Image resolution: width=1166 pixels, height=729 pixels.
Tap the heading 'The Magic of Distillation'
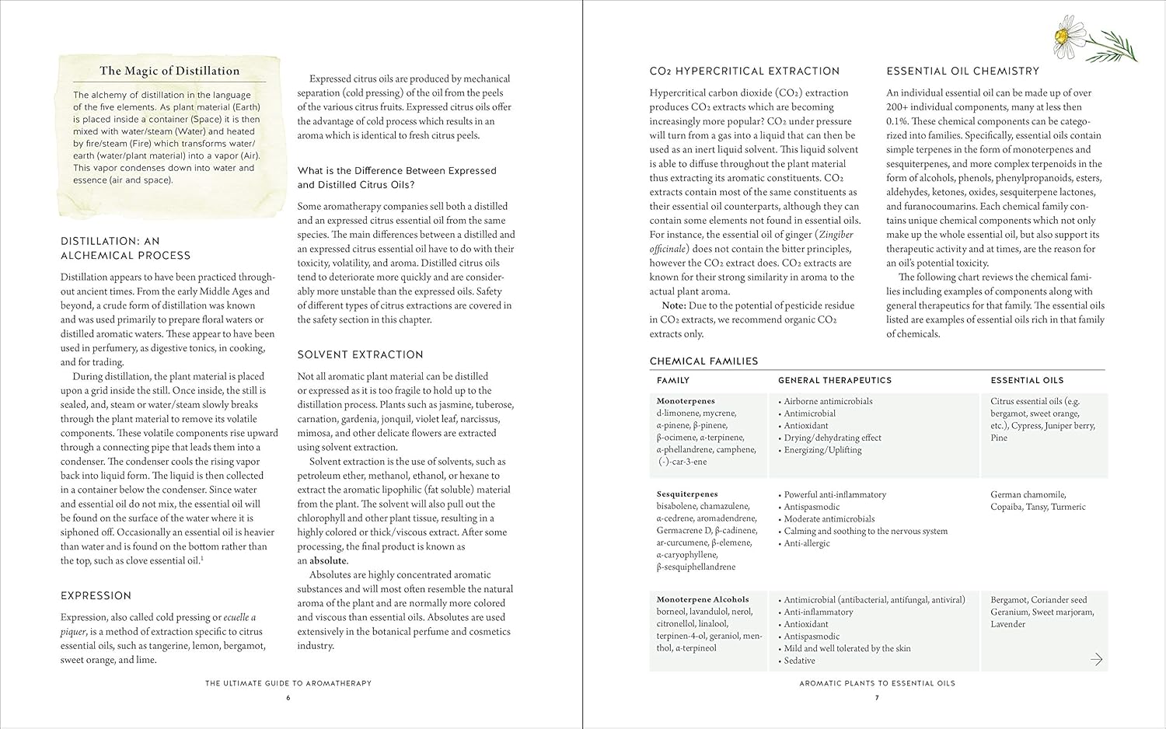point(169,71)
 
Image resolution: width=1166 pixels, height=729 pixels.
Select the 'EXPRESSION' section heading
point(96,595)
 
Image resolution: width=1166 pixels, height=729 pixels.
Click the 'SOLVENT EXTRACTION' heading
point(360,354)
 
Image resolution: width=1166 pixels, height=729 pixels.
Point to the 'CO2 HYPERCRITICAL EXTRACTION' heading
point(744,71)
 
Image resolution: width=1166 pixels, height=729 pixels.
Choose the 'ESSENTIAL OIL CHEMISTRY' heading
point(962,71)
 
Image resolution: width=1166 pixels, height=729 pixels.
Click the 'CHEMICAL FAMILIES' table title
point(703,361)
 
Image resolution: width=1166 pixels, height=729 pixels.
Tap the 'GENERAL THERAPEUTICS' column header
point(834,380)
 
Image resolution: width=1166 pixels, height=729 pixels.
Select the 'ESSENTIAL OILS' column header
point(1026,380)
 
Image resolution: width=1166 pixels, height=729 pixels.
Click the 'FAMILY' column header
point(673,380)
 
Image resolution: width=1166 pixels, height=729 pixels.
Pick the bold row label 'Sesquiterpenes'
point(687,494)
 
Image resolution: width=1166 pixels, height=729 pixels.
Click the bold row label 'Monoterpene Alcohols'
point(703,599)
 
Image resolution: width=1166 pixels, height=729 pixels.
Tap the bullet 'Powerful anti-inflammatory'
point(834,494)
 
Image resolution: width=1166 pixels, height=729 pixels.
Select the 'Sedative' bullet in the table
point(799,661)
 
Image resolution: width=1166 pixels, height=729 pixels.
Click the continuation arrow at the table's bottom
point(1096,660)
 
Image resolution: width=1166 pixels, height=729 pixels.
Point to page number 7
point(877,698)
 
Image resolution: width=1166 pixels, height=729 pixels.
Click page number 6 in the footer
point(288,698)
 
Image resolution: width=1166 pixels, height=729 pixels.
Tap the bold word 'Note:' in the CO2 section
point(673,305)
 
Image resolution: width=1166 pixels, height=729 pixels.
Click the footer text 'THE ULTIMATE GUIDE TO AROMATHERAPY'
point(288,683)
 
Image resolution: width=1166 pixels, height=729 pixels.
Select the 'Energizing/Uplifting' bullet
point(822,450)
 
